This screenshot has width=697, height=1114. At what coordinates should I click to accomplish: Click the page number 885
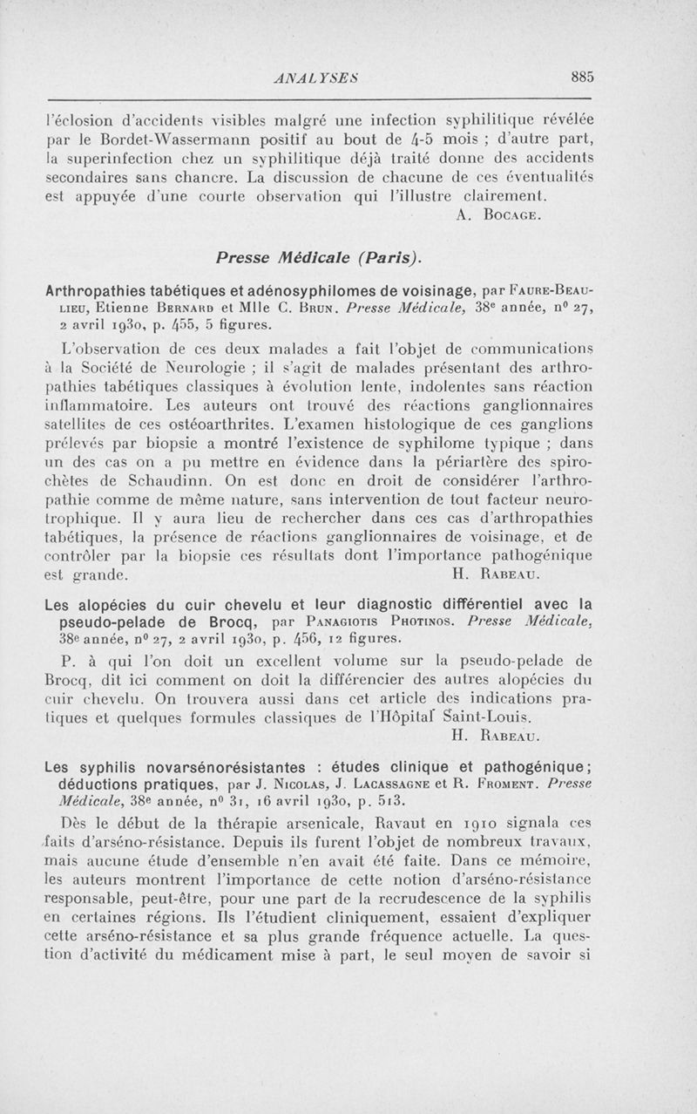[582, 77]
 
